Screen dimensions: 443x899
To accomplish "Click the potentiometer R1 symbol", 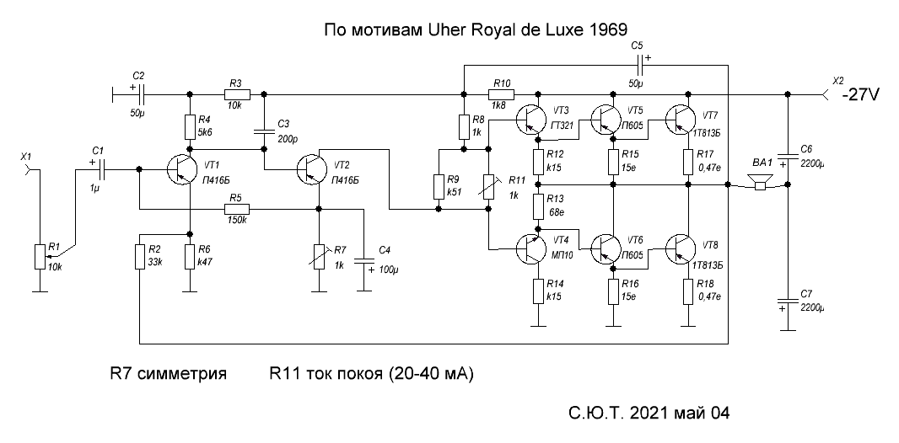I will (x=38, y=256).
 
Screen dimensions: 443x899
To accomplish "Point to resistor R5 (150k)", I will (x=234, y=209).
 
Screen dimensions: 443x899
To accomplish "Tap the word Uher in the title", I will (x=446, y=29).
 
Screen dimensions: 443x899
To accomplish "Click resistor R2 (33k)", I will (x=139, y=256).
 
